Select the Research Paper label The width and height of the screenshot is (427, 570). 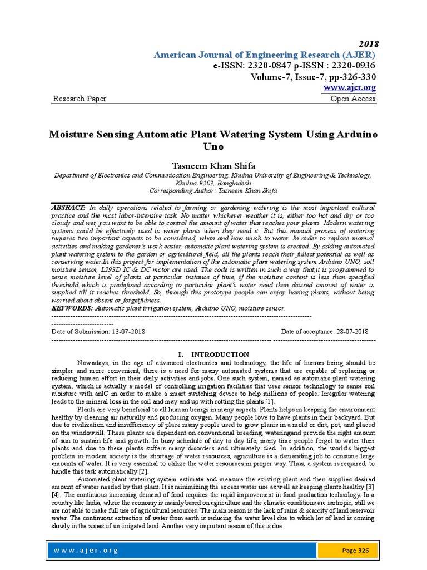click(x=80, y=99)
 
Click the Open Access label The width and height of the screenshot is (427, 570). click(x=353, y=99)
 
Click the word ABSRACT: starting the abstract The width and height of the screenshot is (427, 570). click(x=68, y=207)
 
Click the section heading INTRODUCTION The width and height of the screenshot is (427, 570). click(x=220, y=355)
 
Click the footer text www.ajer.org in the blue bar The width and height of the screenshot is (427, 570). click(x=78, y=551)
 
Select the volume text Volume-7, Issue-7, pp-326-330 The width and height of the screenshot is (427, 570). click(x=312, y=77)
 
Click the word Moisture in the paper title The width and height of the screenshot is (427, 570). click(x=73, y=135)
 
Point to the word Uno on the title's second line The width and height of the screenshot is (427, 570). click(x=213, y=146)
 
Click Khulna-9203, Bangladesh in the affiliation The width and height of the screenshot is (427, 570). click(x=213, y=182)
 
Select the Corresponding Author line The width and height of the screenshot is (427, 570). click(x=213, y=190)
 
